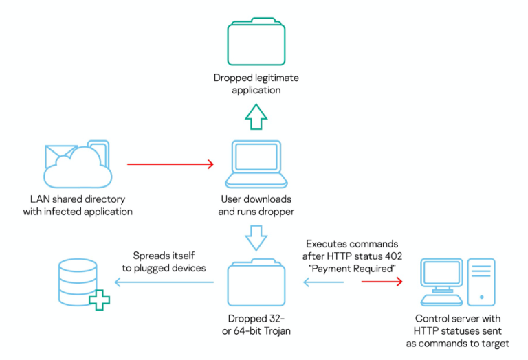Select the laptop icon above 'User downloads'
point(255,164)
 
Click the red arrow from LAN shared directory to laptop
point(170,165)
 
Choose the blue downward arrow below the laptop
point(255,238)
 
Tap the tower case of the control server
point(481,282)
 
